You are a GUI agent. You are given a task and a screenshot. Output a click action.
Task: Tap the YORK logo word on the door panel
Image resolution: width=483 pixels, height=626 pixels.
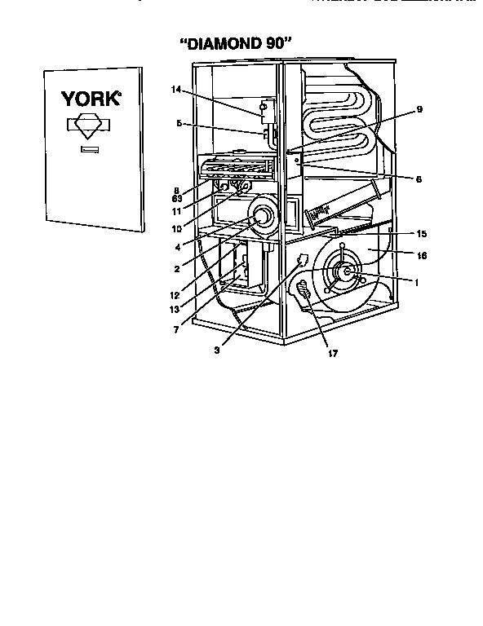tap(91, 100)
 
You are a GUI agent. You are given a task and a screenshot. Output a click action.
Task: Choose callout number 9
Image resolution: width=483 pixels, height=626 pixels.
tap(419, 108)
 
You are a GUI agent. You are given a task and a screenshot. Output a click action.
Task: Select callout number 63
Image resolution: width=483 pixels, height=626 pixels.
tap(176, 198)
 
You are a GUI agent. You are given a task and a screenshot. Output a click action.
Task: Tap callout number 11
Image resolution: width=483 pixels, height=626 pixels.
tap(177, 209)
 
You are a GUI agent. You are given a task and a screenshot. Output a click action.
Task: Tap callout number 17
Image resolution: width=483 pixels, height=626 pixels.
tap(331, 353)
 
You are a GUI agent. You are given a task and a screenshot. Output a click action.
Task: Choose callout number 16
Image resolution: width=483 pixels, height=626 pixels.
tap(422, 255)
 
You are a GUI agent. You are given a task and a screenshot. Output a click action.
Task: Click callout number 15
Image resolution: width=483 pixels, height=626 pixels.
tap(422, 234)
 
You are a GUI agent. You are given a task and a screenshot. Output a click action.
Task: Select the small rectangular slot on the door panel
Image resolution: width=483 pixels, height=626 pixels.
tap(89, 149)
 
